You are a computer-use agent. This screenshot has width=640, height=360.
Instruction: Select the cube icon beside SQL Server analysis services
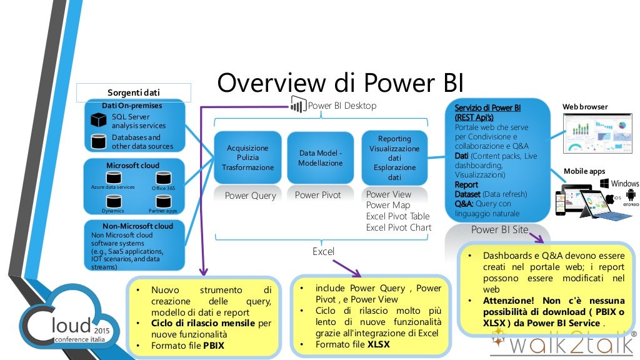point(98,120)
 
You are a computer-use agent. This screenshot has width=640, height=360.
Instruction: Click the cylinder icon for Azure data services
point(113,179)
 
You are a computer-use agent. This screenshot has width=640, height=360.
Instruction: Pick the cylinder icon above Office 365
point(163,179)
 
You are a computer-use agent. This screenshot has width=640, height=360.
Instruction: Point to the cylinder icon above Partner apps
point(163,201)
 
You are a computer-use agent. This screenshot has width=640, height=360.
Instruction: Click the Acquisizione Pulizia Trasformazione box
point(247,157)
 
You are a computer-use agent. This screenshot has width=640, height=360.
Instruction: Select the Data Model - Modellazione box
point(320,157)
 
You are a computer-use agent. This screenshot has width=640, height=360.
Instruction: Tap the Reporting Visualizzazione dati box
point(394,157)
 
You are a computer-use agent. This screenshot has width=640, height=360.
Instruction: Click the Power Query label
point(250,196)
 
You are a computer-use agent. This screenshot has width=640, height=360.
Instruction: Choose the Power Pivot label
point(318,195)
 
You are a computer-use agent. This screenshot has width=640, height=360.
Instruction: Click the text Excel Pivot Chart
point(399,227)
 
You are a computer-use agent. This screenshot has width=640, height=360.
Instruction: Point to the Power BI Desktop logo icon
point(298,106)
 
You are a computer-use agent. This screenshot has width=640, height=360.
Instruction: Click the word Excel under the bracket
point(323,251)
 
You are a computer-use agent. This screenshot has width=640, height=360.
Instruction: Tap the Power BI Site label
point(499,229)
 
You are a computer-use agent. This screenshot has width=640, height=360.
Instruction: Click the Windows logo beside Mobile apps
point(605,183)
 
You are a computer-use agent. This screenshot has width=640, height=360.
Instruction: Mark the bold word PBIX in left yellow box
point(213,345)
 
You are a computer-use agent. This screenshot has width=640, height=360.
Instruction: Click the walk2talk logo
point(562,341)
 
